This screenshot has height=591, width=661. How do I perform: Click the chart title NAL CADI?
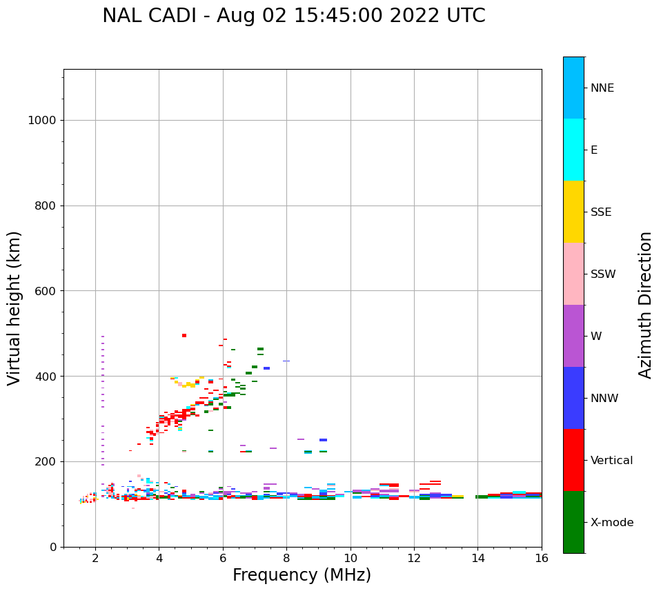tap(293, 16)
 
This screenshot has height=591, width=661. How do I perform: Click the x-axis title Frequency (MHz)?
tap(302, 575)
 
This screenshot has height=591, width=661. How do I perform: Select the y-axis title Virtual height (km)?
tap(14, 308)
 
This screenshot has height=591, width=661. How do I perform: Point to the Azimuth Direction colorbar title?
tap(645, 305)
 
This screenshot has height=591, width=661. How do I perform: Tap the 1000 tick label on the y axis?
tap(41, 121)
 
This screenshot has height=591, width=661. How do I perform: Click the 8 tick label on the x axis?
tap(286, 559)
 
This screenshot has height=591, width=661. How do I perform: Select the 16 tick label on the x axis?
tap(542, 559)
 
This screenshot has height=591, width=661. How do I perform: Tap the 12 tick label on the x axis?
tap(414, 559)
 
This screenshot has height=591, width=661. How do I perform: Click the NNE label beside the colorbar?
tap(602, 88)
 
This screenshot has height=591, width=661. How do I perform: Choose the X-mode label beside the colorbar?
tap(611, 523)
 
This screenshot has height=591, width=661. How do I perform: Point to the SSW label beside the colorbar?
tap(603, 274)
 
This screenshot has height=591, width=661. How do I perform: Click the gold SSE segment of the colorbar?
tap(573, 212)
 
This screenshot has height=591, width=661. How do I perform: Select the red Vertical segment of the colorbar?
tap(573, 460)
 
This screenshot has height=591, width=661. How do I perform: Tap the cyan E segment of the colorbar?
tap(573, 150)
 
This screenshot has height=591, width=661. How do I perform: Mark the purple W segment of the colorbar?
tap(573, 336)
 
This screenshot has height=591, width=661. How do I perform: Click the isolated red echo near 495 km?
tap(184, 336)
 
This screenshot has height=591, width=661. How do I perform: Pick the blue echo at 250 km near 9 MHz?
tap(323, 440)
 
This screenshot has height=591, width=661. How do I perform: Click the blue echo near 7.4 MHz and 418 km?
tap(266, 368)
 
